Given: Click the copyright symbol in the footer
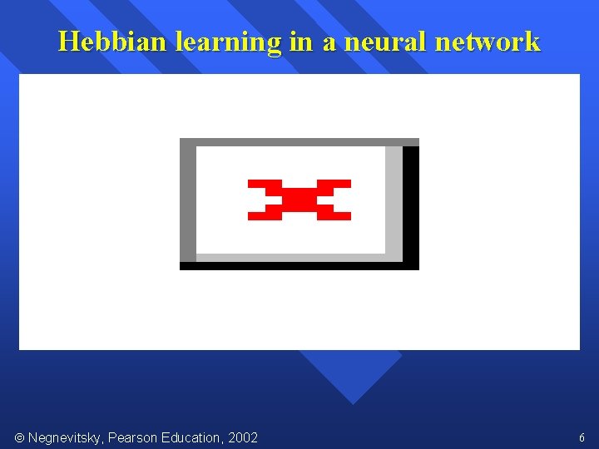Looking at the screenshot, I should [x=19, y=437].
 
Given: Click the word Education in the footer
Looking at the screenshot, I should [x=196, y=437].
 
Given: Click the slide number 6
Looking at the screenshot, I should [x=582, y=437].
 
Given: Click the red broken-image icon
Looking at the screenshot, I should [x=299, y=200].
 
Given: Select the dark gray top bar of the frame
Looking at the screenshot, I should [x=299, y=142].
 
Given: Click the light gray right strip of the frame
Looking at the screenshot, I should [x=394, y=200].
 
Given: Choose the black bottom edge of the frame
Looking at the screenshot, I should [x=299, y=266].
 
